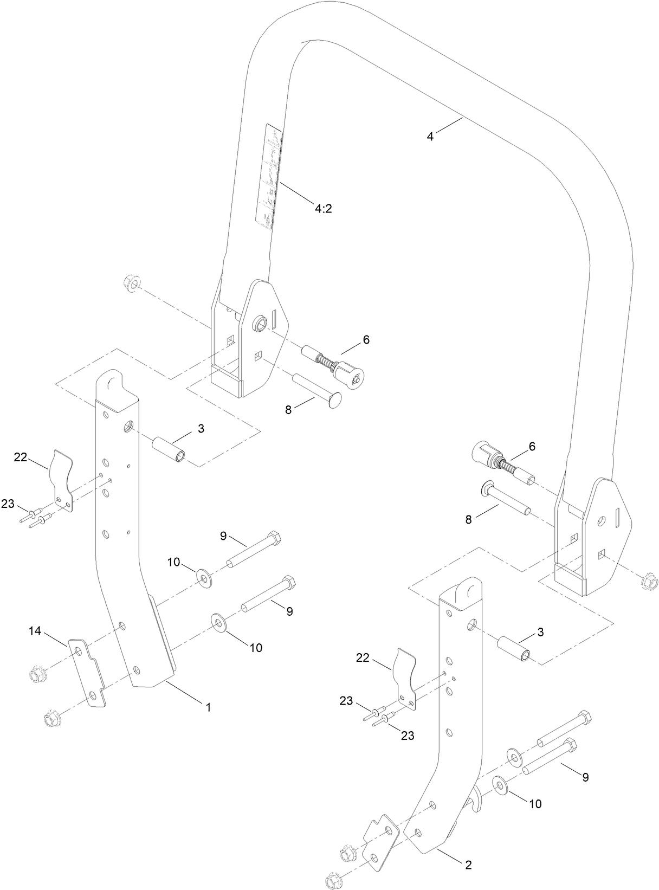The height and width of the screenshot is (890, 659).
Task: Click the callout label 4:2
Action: point(323,208)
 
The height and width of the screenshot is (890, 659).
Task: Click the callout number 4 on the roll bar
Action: point(430,137)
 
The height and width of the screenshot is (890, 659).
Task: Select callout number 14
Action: point(35,630)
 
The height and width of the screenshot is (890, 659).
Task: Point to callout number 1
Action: point(208,707)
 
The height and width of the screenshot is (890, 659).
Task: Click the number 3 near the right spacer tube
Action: point(540,632)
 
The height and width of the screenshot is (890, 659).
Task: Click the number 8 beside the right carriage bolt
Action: point(469,519)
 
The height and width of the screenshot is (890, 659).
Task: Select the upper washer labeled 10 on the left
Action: point(204,578)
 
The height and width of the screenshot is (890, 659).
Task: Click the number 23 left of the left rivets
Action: point(8,504)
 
